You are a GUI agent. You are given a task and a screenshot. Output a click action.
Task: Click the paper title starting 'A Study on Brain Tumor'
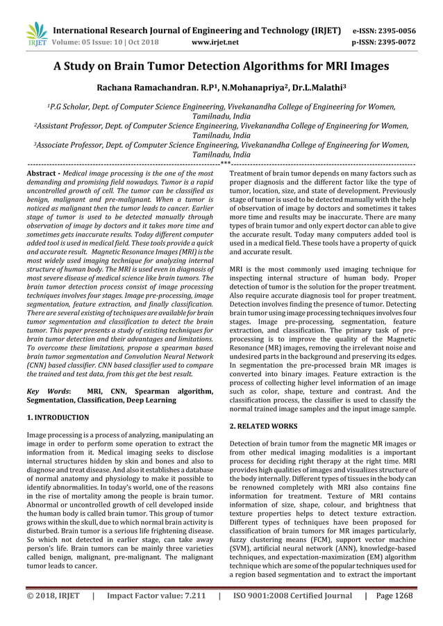pyautogui.click(x=221, y=67)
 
